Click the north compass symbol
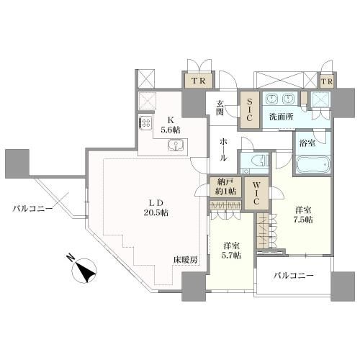(84, 271)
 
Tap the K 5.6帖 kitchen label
(171, 125)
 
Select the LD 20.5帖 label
(156, 208)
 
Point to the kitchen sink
(176, 145)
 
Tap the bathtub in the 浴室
(312, 164)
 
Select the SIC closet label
(249, 110)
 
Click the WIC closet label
(256, 193)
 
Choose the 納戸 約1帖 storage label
(225, 187)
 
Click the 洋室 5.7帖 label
(232, 251)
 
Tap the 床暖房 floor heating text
(186, 259)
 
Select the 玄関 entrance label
(220, 107)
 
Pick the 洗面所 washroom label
(281, 117)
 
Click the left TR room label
(198, 81)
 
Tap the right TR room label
(328, 81)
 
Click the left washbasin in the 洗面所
(271, 99)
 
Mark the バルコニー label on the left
(32, 209)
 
